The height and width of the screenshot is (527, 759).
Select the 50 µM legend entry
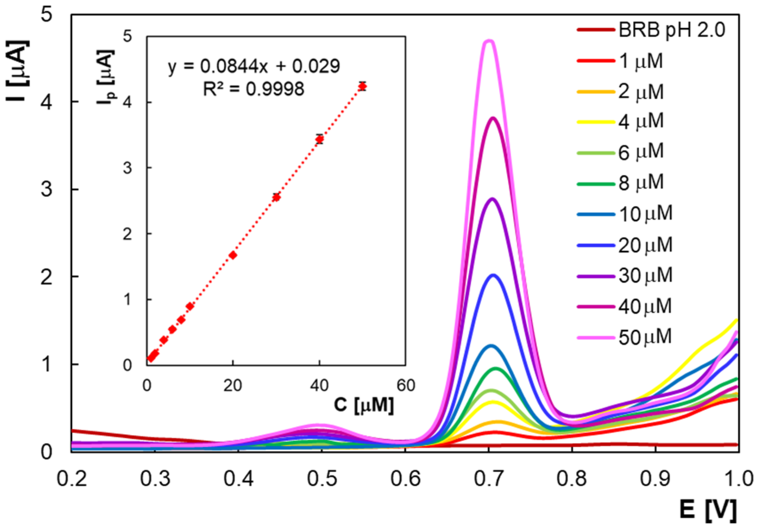pos(645,337)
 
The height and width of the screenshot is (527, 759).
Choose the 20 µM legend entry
pos(645,245)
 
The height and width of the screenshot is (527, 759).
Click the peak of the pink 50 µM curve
pos(489,41)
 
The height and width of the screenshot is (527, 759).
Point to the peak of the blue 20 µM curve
pos(493,275)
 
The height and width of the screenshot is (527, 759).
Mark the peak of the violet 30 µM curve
pos(492,199)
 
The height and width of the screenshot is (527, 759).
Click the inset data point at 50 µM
pos(363,86)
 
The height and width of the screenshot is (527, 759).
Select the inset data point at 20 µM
pos(233,255)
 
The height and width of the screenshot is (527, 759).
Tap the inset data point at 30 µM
pos(276,197)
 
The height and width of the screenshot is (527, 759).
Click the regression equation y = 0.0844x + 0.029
pos(254,66)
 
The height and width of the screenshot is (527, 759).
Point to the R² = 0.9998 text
pos(254,89)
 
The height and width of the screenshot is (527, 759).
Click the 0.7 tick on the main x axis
pos(488,478)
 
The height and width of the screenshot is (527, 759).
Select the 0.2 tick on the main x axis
pos(72,478)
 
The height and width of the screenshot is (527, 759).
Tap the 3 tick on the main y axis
pos(46,189)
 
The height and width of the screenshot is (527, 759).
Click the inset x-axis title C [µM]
pos(364,405)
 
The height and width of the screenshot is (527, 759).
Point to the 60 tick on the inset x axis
pos(406,386)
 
